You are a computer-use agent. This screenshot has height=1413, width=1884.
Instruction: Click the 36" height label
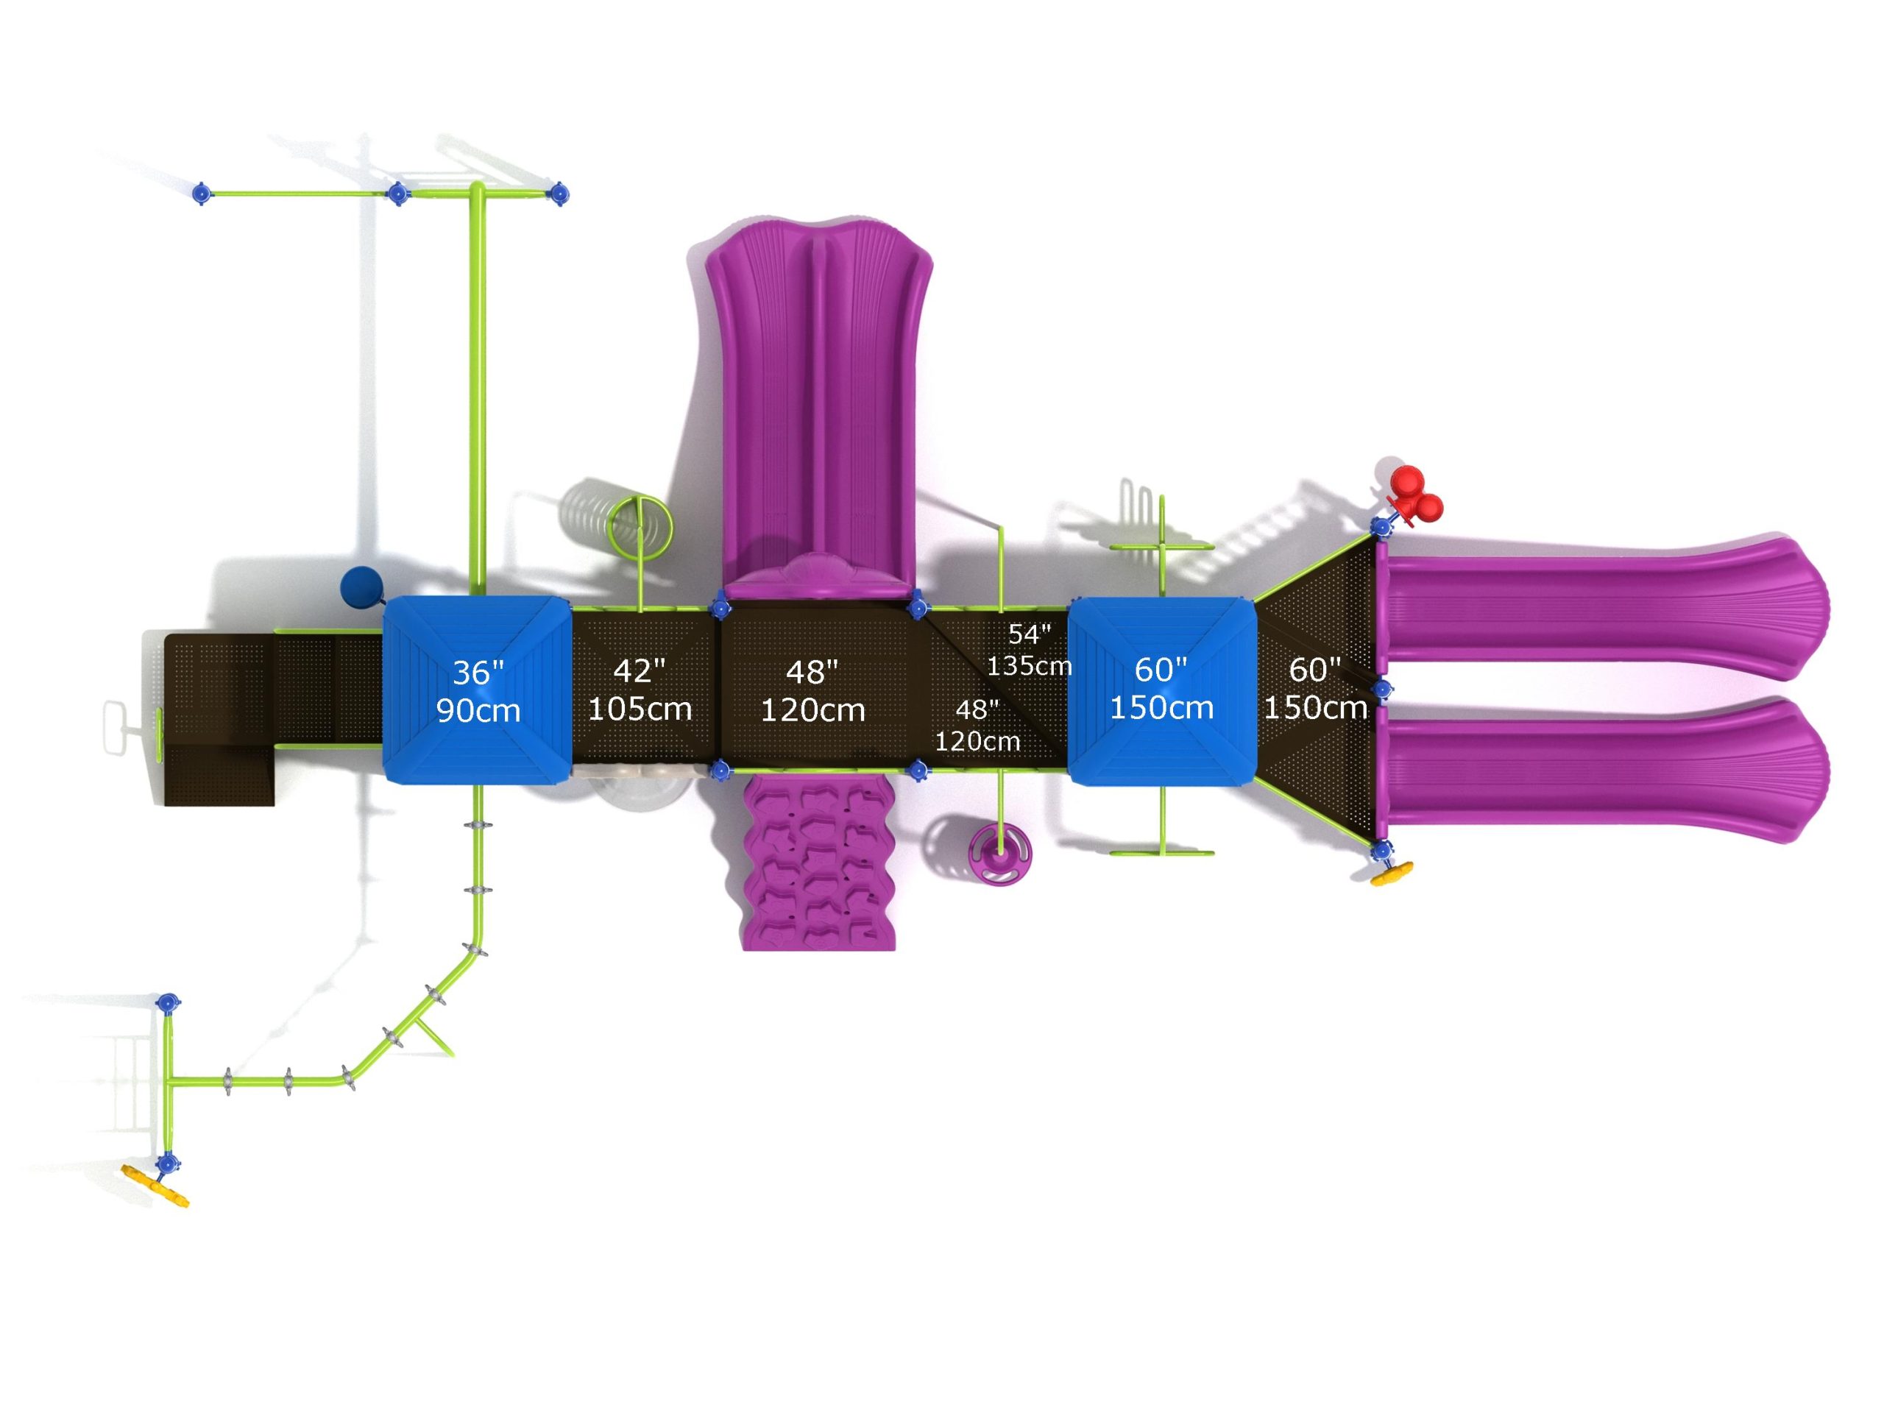coord(478,673)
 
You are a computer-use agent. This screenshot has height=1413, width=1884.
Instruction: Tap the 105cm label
coord(640,709)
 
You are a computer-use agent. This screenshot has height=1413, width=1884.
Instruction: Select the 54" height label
coord(1029,634)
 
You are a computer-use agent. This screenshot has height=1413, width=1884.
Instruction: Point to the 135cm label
coord(1029,665)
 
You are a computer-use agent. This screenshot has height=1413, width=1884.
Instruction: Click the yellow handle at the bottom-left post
coord(155,1185)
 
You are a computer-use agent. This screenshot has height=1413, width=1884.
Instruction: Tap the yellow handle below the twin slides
coord(1391,874)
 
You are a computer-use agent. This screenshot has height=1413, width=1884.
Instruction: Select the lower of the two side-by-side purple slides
coord(1601,771)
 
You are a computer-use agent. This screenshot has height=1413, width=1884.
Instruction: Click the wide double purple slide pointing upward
coord(818,400)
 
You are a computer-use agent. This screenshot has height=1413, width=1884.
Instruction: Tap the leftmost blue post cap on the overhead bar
coord(201,194)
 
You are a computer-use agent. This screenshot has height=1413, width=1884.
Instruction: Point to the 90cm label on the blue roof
coord(478,709)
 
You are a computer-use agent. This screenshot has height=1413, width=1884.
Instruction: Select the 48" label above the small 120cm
coord(976,709)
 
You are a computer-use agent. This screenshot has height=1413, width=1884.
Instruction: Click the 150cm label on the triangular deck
coord(1315,707)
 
